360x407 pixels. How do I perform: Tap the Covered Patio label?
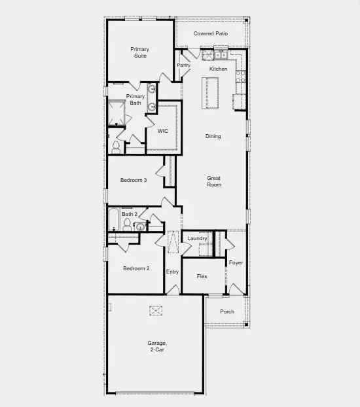(x=210, y=33)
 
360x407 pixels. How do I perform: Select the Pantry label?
(x=183, y=65)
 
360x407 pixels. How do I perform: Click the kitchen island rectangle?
(x=210, y=94)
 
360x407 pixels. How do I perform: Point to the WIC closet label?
(x=162, y=131)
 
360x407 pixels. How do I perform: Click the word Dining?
(x=213, y=136)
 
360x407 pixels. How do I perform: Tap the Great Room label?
(x=213, y=181)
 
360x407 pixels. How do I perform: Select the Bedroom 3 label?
(x=133, y=180)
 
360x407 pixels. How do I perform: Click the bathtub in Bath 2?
(x=114, y=220)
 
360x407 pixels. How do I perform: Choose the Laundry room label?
(x=197, y=238)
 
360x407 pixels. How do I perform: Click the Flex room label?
(x=202, y=276)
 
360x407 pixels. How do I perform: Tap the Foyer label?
(x=236, y=262)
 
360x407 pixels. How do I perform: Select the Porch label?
(x=226, y=311)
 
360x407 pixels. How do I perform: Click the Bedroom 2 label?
(x=137, y=268)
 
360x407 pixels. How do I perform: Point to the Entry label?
(x=172, y=272)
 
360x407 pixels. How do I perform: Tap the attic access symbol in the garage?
(x=156, y=310)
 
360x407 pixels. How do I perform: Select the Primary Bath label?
(x=135, y=99)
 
